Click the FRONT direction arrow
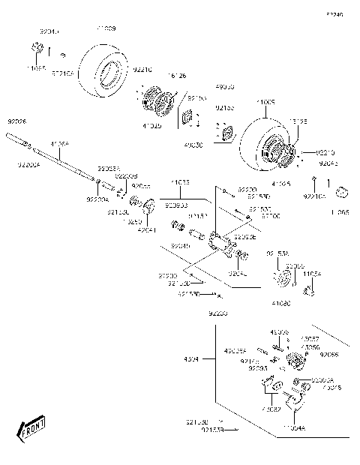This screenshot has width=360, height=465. (x=31, y=430)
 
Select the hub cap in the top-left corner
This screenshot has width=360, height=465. (x=34, y=51)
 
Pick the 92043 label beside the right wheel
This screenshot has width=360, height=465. (x=328, y=161)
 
